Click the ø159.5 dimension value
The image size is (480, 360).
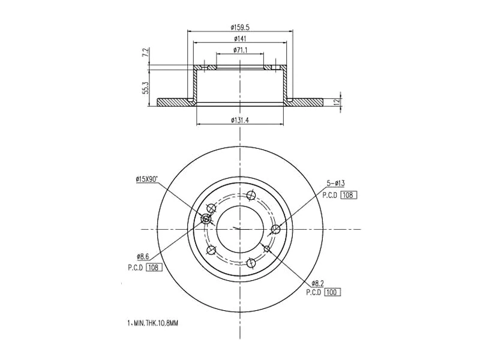pos(240,26)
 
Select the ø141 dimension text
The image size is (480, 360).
pos(240,38)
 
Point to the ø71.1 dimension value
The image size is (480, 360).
pos(240,50)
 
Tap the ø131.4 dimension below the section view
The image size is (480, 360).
pos(240,120)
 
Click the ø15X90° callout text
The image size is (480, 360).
pos(146,178)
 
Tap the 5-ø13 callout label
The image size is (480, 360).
pos(336,182)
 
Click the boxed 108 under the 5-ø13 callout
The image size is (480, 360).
pos(349,195)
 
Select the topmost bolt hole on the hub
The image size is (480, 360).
pos(252,194)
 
